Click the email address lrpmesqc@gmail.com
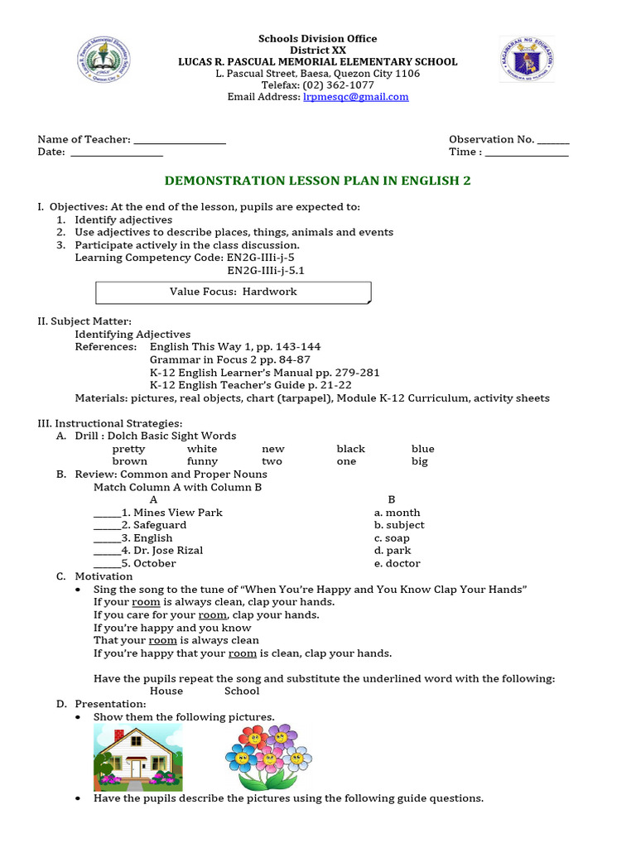point(356,97)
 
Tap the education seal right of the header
point(527,60)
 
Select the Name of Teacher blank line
point(180,141)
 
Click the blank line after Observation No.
point(553,141)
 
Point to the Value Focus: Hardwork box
point(234,292)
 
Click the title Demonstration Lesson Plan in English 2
point(318,181)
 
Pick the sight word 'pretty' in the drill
point(128,449)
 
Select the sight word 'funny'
point(202,461)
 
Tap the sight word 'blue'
point(422,449)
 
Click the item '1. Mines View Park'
point(171,513)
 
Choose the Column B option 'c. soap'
point(392,538)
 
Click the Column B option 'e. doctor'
point(397,563)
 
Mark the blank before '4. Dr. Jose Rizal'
point(106,552)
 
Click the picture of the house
point(137,756)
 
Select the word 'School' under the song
point(242,691)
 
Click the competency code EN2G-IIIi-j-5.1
point(260,270)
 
